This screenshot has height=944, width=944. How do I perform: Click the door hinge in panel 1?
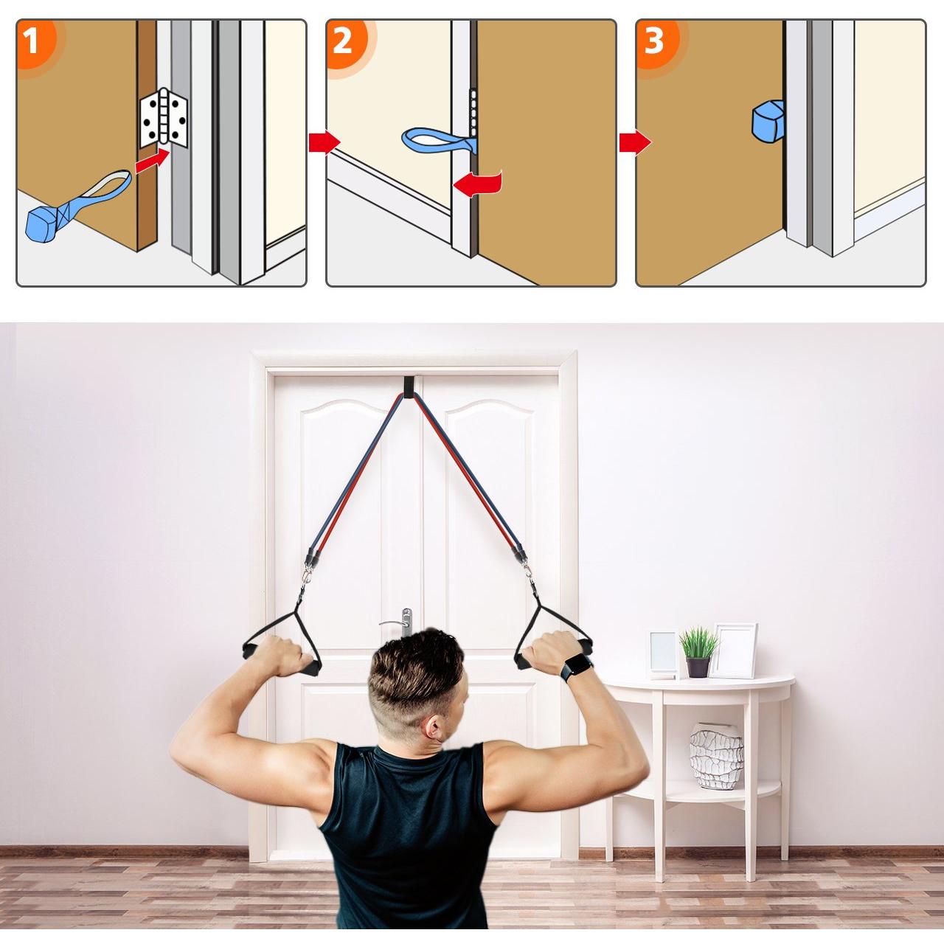click(164, 117)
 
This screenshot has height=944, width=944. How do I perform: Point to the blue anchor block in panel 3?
click(768, 119)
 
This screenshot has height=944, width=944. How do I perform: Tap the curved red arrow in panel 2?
click(478, 183)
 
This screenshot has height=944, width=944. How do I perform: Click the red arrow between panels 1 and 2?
click(324, 142)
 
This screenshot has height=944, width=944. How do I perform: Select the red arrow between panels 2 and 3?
click(635, 142)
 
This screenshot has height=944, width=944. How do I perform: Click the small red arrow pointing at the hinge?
click(153, 162)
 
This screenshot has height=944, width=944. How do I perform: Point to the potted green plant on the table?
click(698, 651)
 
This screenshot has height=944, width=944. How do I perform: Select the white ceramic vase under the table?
click(715, 756)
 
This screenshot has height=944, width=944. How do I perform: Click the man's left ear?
click(434, 726)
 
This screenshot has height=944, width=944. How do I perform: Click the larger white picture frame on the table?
click(734, 650)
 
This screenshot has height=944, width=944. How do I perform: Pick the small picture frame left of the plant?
click(663, 655)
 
